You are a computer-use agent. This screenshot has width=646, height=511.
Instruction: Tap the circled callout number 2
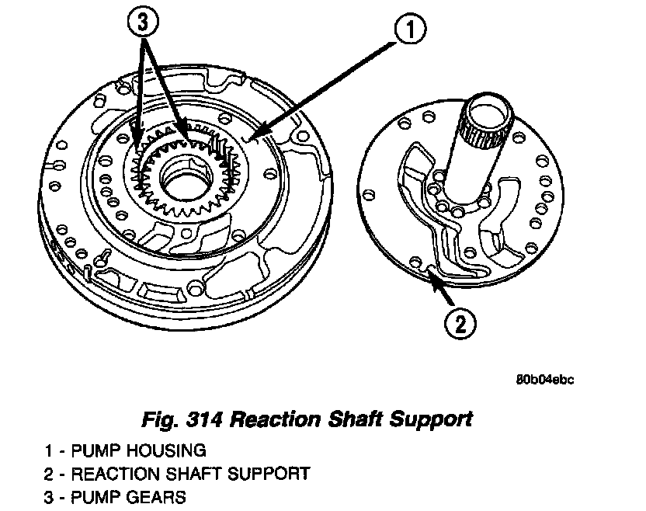(460, 323)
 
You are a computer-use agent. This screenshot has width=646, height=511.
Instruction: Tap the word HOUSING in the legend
(166, 450)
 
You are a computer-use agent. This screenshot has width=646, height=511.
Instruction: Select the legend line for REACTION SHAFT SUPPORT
(177, 473)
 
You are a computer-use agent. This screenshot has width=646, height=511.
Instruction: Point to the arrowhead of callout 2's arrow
(429, 271)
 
